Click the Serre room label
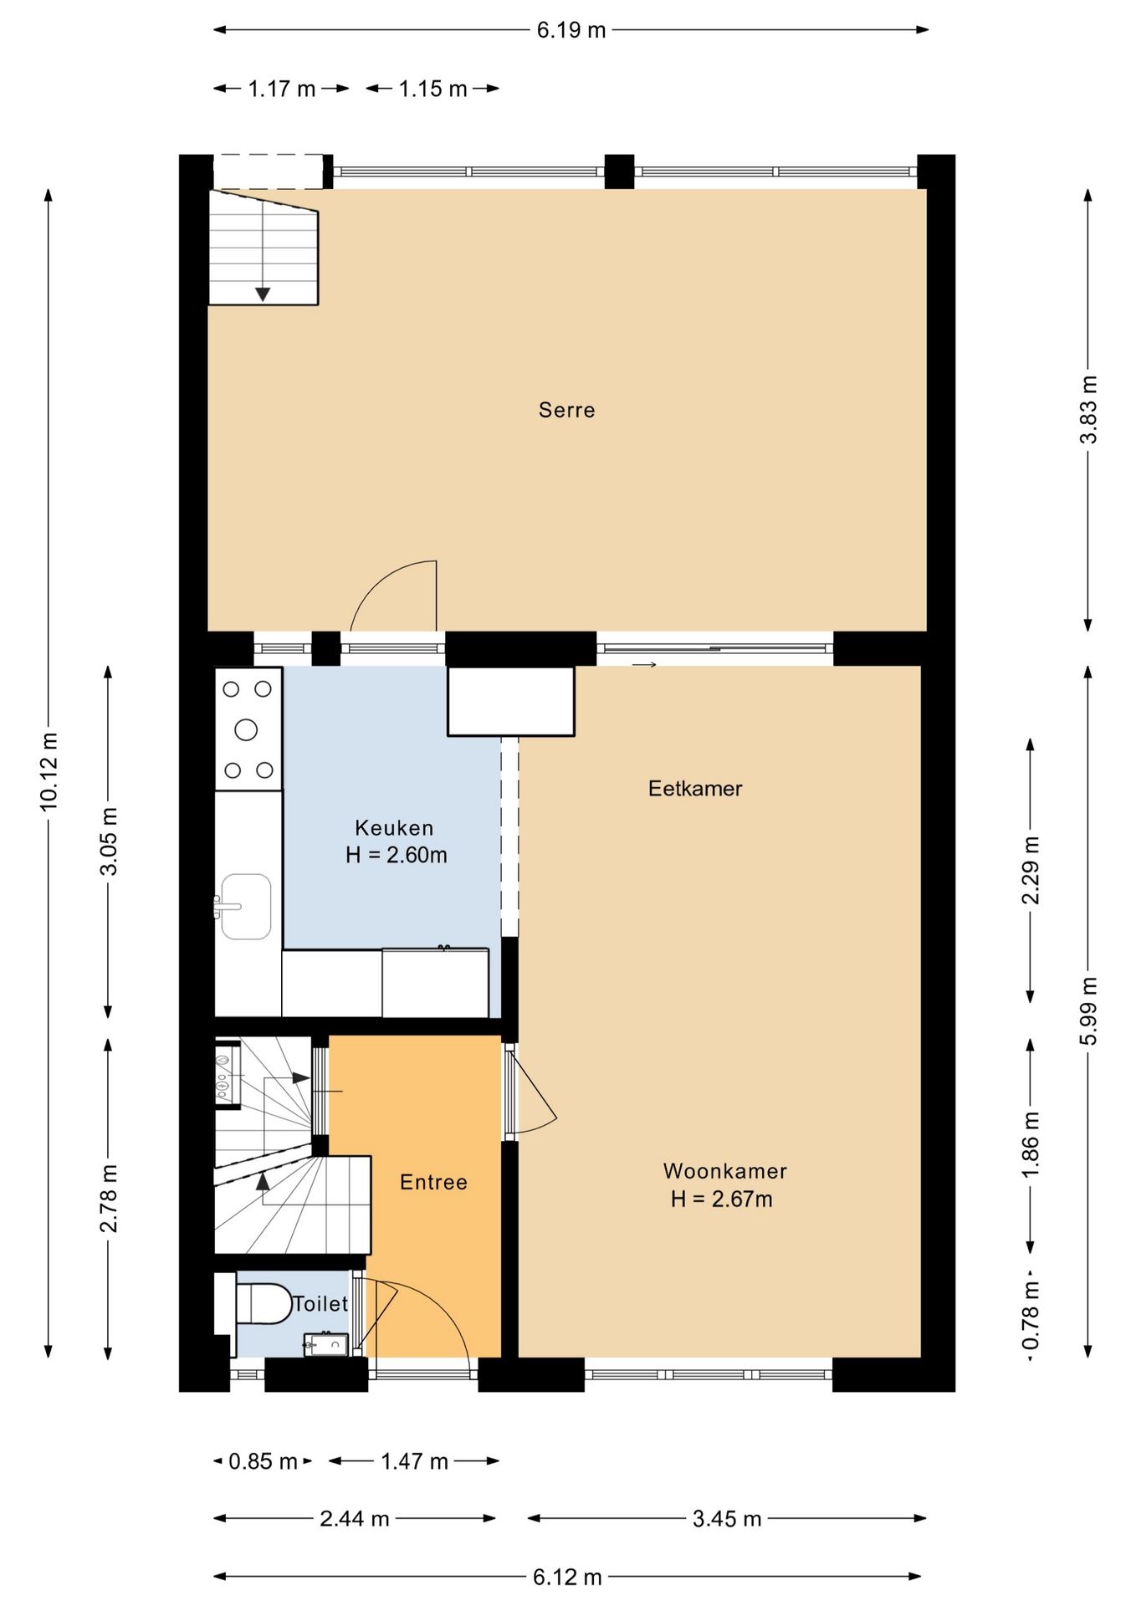566,410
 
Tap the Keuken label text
394,828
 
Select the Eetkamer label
695,788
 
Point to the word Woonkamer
724,1171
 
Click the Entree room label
433,1182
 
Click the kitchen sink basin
246,907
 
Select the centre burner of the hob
246,730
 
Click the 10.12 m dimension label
49,770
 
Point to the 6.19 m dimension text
571,30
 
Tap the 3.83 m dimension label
1088,410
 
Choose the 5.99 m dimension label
1088,1010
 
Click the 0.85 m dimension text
263,1461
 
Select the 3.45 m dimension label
727,1518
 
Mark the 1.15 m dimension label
432,89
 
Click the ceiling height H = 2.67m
721,1199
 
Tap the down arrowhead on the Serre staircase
263,294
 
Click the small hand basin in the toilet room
325,1344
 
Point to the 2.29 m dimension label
1031,870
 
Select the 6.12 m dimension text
568,1577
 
